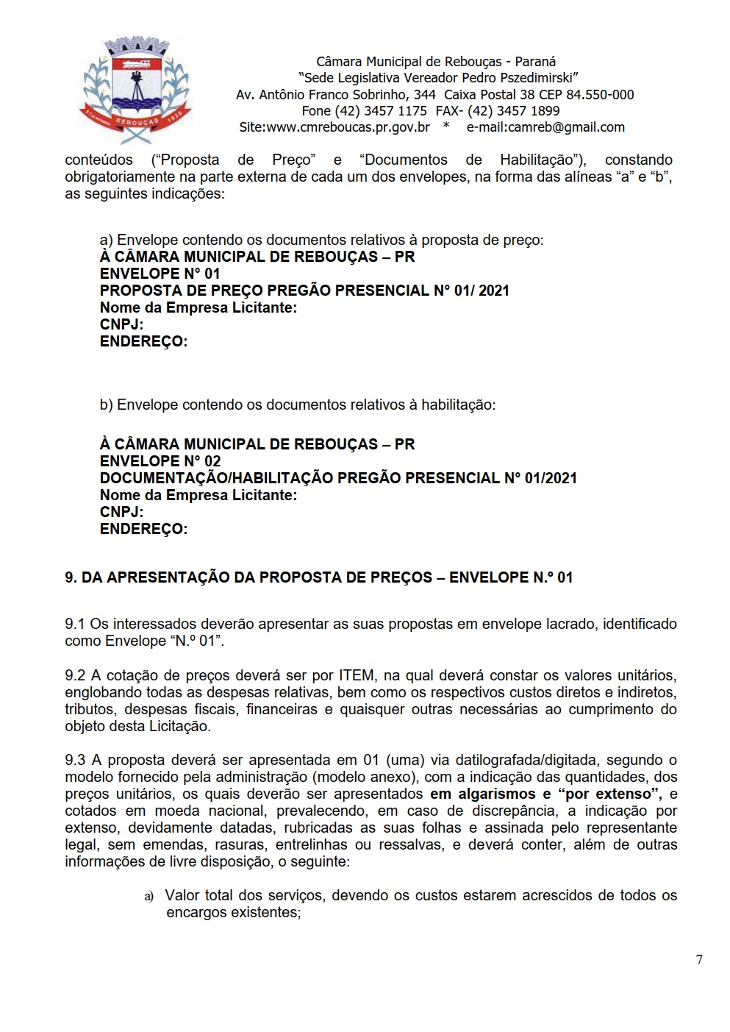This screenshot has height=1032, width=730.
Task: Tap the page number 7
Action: pyautogui.click(x=699, y=959)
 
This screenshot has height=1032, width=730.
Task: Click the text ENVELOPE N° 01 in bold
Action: pyautogui.click(x=160, y=274)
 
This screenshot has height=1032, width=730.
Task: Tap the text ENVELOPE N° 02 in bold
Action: pyautogui.click(x=160, y=461)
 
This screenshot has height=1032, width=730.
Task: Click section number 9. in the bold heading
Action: pyautogui.click(x=71, y=577)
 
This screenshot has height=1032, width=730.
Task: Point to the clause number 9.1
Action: pyautogui.click(x=75, y=624)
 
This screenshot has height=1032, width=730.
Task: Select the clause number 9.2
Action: pyautogui.click(x=75, y=675)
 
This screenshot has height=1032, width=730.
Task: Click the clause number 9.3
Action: pyautogui.click(x=75, y=760)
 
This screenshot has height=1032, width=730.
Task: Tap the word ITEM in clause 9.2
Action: pyautogui.click(x=356, y=675)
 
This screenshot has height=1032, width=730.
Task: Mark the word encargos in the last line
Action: pyautogui.click(x=196, y=912)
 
